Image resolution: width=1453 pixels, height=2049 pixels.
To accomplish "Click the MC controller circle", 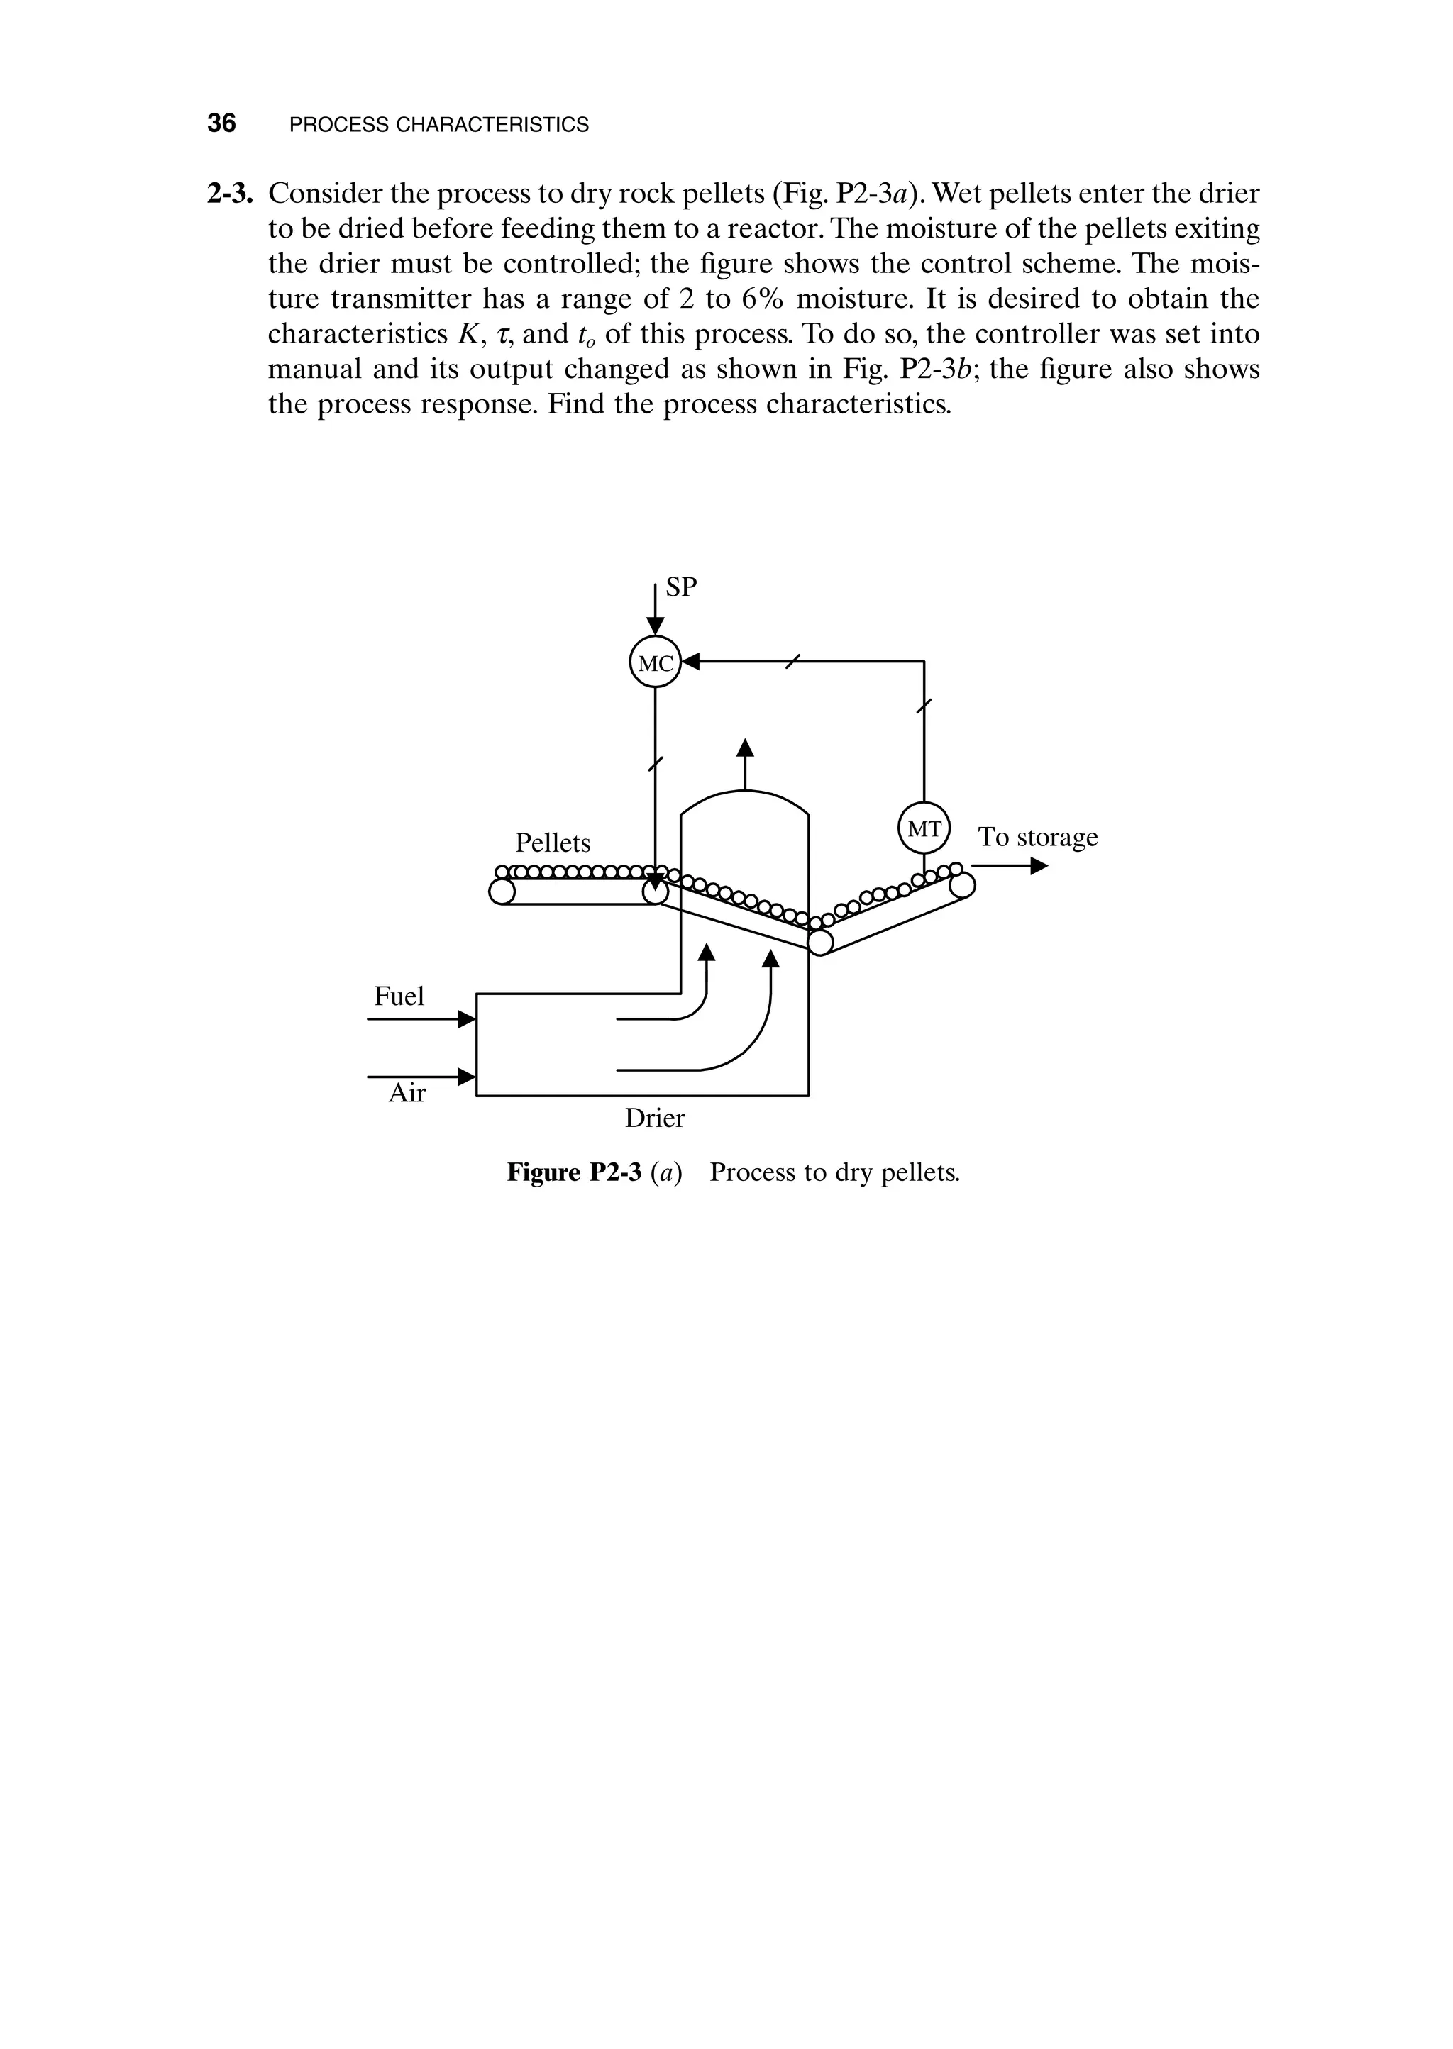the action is pyautogui.click(x=655, y=662).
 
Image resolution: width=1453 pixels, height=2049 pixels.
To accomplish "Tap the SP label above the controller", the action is pyautogui.click(x=682, y=587).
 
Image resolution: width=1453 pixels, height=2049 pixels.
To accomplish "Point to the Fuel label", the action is pyautogui.click(x=399, y=996).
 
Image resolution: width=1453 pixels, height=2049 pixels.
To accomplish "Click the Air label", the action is pyautogui.click(x=407, y=1093).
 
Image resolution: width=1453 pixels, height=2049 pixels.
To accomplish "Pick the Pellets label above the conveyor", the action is pyautogui.click(x=553, y=843).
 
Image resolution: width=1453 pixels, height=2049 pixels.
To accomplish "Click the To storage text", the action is pyautogui.click(x=1038, y=837).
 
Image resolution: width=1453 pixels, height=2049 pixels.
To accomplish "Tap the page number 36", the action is pyautogui.click(x=221, y=123).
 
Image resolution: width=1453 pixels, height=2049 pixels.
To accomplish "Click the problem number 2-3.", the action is pyautogui.click(x=232, y=193).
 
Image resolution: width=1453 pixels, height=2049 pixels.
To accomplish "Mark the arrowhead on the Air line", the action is pyautogui.click(x=466, y=1077).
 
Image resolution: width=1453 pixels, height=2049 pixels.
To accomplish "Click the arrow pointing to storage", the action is pyautogui.click(x=1038, y=866).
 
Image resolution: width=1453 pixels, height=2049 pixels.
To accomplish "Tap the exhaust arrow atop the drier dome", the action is pyautogui.click(x=744, y=748).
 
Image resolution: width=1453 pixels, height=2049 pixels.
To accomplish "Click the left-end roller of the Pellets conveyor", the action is pyautogui.click(x=502, y=892).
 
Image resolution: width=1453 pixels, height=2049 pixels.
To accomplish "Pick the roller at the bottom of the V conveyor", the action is pyautogui.click(x=819, y=942).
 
